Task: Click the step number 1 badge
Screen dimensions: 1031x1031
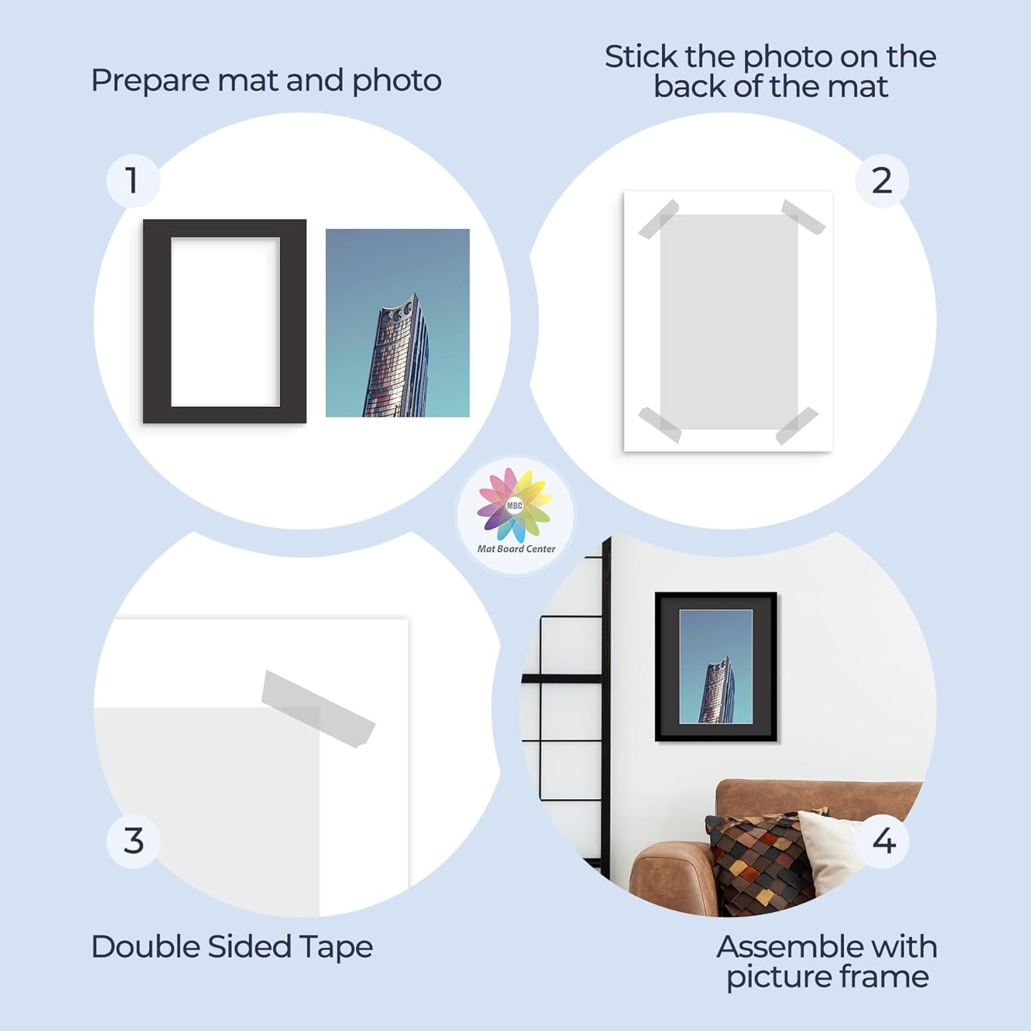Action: coord(133,181)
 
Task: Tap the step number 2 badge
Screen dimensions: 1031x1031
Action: coord(882,181)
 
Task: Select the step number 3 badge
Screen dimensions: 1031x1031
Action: coord(133,841)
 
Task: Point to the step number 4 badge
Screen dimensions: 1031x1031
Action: coord(884,841)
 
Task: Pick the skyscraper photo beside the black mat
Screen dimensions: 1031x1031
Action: coord(397,322)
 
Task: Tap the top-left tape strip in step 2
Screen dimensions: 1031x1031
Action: coord(658,219)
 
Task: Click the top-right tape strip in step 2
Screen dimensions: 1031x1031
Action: coord(803,217)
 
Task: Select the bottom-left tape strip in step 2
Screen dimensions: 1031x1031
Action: coord(660,425)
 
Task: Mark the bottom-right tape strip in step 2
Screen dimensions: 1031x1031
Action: coord(797,426)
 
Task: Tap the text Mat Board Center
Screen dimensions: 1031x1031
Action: coord(516,549)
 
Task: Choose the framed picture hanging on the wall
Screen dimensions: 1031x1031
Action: coord(716,666)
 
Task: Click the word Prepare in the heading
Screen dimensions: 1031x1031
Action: coord(150,81)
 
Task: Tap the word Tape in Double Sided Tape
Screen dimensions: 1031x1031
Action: coord(336,948)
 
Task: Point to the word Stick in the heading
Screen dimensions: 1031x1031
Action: coord(641,57)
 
